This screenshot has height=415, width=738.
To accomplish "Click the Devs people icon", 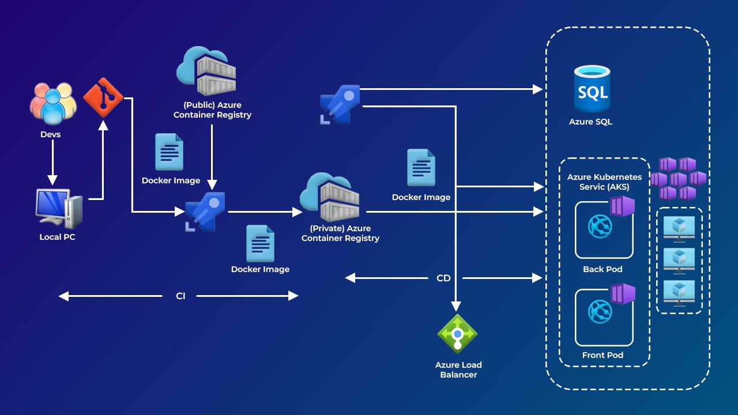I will (53, 104).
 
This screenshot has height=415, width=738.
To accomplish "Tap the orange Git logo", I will (104, 98).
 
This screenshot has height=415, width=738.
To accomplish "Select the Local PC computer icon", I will (58, 209).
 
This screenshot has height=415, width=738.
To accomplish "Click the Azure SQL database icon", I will (592, 89).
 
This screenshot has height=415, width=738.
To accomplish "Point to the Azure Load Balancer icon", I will (458, 333).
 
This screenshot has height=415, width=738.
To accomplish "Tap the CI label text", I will (180, 296).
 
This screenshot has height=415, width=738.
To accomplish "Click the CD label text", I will (443, 278).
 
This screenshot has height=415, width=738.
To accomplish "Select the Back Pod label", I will (603, 269).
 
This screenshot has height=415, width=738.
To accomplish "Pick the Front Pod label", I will (603, 355).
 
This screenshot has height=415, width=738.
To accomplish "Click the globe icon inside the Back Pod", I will (600, 227).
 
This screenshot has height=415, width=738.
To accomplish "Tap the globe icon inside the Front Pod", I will (600, 312).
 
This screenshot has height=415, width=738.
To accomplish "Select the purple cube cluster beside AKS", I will (678, 179).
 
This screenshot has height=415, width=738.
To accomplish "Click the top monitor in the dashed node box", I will (679, 227).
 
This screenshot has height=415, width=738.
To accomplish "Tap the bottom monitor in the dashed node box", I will (679, 292).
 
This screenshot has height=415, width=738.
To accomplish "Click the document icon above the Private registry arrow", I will (421, 168).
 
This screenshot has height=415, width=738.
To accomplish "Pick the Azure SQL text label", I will (590, 122).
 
